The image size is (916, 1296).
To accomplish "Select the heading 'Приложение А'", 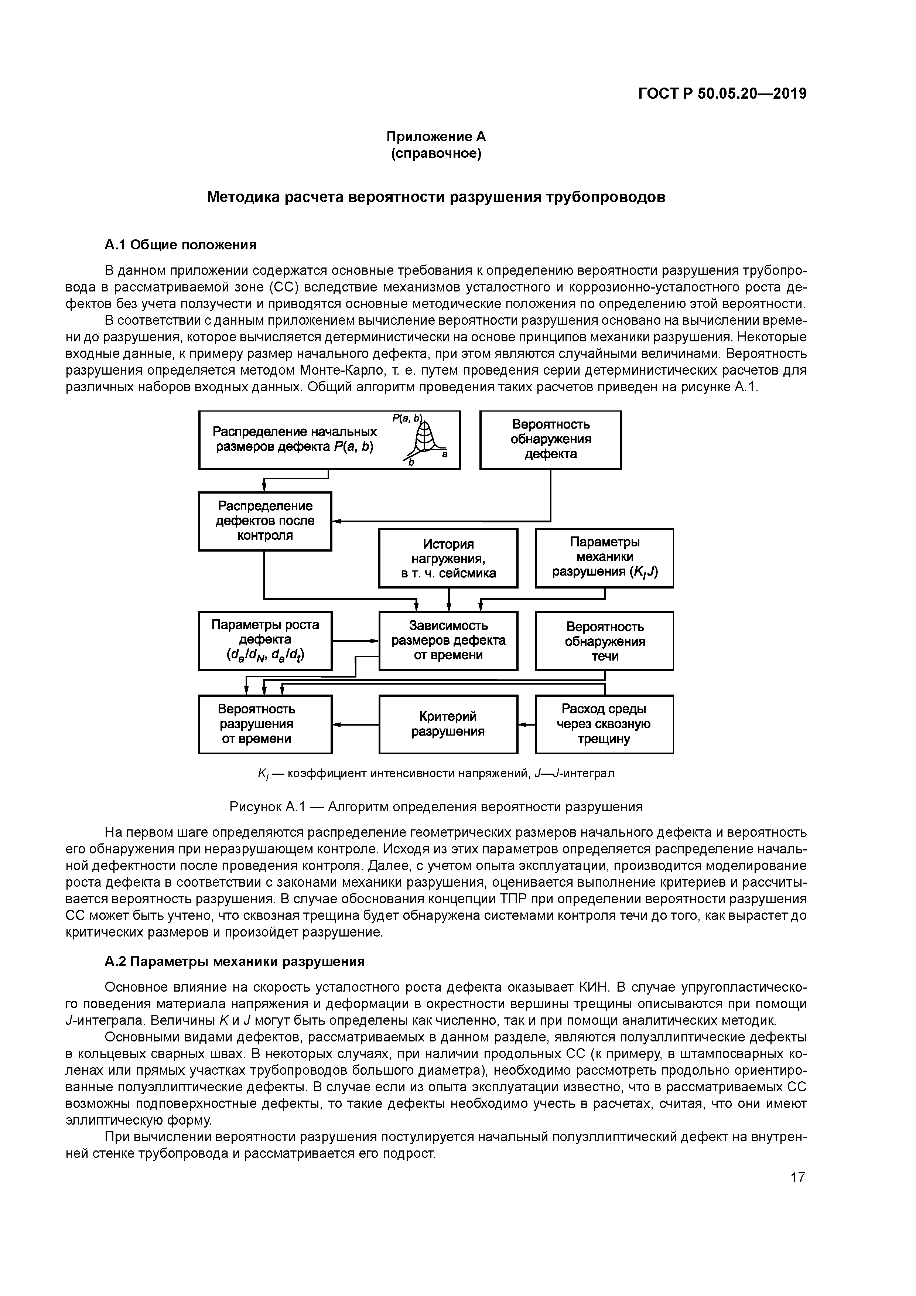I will coord(436,137).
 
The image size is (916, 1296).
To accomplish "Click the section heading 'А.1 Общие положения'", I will coord(181,245).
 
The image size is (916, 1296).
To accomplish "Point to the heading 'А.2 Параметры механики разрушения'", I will coord(235,961).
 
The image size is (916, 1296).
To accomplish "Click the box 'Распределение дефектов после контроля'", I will coord(265,521).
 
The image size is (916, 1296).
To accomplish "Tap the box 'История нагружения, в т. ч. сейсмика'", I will coord(448,558).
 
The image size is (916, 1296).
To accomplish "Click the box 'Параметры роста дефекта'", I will coord(265,640).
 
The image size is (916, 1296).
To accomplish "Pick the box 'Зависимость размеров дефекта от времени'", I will coord(448,640).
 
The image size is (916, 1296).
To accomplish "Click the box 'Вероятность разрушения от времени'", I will coord(265,724).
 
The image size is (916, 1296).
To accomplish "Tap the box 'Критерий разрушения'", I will coord(448,724).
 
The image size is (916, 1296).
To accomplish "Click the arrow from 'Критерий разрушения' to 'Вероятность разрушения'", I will coord(356,724).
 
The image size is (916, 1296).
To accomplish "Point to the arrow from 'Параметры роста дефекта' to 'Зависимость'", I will coord(356,641).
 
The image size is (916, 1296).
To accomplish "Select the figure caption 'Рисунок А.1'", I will coord(436,806).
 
